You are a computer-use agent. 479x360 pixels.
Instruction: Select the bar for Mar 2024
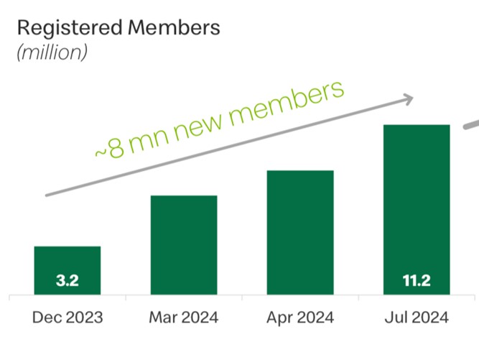(x=183, y=244)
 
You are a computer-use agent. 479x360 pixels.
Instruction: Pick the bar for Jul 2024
(x=417, y=208)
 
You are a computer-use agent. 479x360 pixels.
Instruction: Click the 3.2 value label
(x=68, y=281)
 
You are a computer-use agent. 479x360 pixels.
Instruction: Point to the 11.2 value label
(x=417, y=281)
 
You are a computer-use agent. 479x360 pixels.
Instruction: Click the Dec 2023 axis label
(x=68, y=317)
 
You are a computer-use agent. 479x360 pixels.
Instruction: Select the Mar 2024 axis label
(x=183, y=317)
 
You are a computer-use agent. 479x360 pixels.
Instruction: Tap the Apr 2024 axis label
(x=299, y=317)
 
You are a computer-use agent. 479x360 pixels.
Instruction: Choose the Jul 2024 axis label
(x=417, y=317)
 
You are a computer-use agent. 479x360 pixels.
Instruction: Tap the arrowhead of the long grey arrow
(x=409, y=98)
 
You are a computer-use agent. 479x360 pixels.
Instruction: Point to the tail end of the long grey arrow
(x=47, y=194)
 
